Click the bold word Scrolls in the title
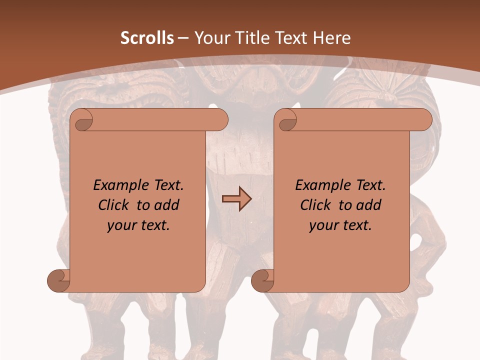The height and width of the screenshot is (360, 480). click(x=147, y=38)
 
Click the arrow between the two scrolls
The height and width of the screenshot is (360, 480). click(x=236, y=199)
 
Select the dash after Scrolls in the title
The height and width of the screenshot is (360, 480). click(x=182, y=38)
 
